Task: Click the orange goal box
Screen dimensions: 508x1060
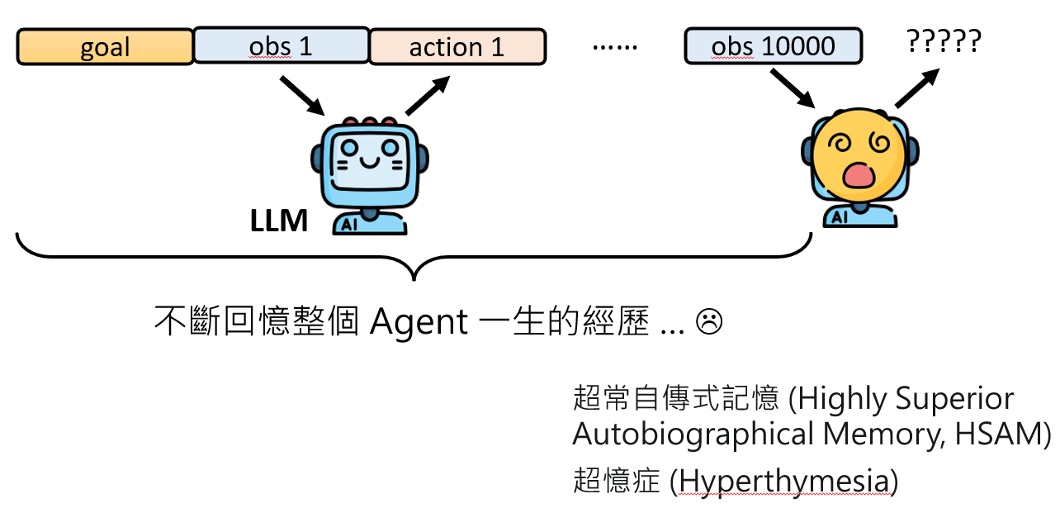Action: (x=105, y=47)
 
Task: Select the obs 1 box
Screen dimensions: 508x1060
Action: (x=281, y=46)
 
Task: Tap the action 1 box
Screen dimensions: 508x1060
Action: (x=457, y=47)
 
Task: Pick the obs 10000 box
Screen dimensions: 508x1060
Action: (x=773, y=46)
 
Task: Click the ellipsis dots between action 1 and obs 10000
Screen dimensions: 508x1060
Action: (x=615, y=47)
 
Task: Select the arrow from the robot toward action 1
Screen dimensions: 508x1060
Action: (x=427, y=95)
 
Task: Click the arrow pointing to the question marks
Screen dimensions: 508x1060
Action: (x=917, y=88)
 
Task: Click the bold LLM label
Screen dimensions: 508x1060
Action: (x=279, y=221)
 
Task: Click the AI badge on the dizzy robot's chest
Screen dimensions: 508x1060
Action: (x=840, y=218)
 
